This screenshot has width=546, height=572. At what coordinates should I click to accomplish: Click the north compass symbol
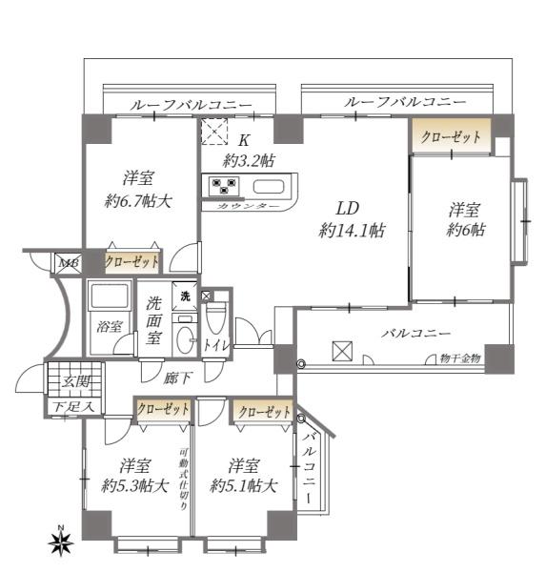tap(62, 542)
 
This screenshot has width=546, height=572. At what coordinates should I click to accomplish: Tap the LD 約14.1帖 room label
tap(352, 218)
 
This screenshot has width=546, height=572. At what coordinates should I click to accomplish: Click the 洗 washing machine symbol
tap(186, 296)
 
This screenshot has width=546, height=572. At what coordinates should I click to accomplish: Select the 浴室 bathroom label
tap(110, 326)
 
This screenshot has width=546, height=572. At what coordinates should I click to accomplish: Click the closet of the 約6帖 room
tap(452, 136)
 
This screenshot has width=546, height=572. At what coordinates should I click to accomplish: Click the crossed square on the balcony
tap(341, 352)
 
